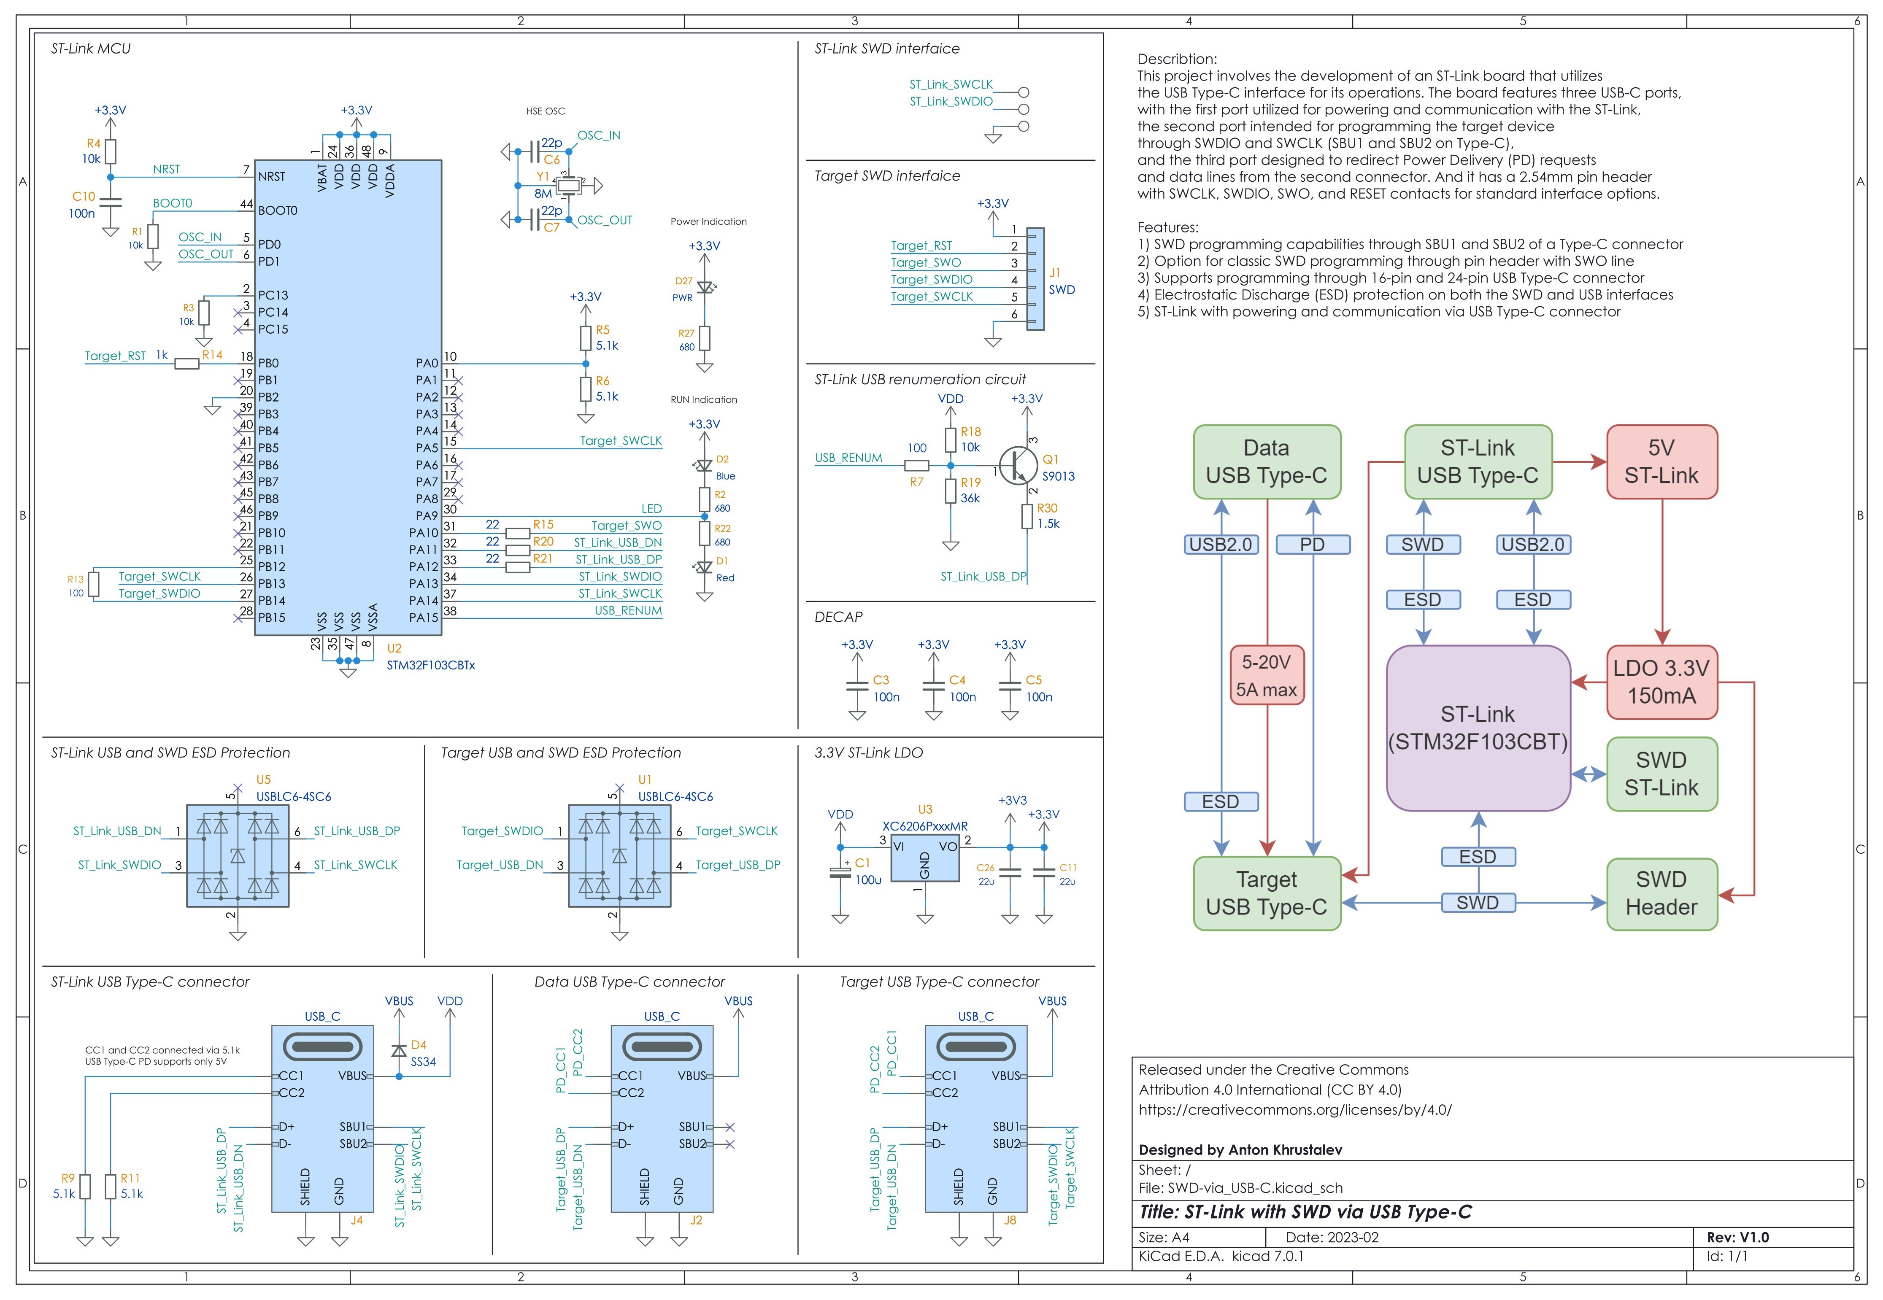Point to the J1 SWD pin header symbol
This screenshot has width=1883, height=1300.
1035,278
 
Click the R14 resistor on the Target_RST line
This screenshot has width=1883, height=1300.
187,363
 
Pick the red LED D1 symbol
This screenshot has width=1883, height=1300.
705,567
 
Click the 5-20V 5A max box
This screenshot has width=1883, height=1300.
1266,675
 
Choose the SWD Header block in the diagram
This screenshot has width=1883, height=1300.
1661,893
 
